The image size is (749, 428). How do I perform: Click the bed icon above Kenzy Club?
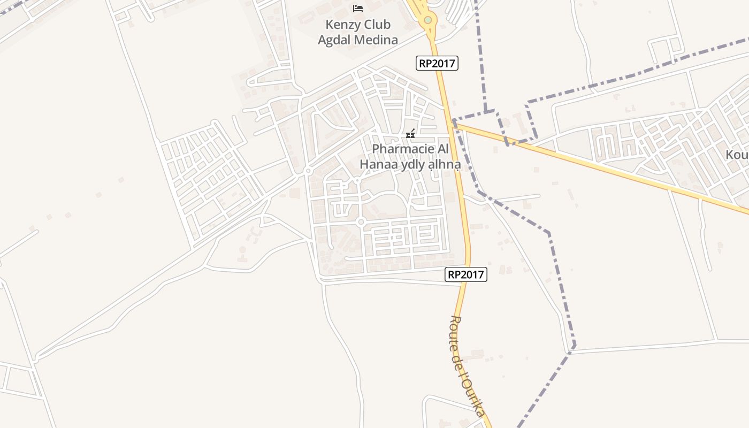point(358,8)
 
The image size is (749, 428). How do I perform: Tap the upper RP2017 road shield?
point(437,63)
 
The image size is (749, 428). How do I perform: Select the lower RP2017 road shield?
point(466,274)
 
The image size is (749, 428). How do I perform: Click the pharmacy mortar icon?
point(410,134)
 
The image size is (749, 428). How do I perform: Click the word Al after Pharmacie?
point(440,149)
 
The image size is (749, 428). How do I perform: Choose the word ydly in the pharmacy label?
point(414,165)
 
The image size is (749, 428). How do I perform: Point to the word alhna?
point(444,165)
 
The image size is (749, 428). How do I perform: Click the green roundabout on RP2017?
point(427,20)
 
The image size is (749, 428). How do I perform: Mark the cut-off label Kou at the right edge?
point(737,155)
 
